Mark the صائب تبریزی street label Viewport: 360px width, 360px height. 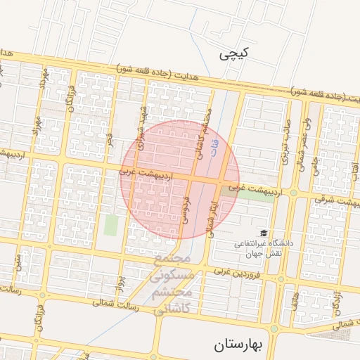point(286,143)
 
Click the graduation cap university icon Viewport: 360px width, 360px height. point(264,233)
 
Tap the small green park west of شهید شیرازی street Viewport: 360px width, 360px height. point(111,225)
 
